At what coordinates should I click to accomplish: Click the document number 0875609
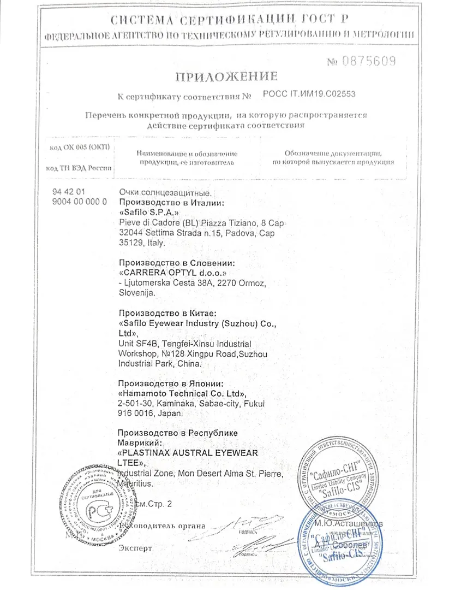369,61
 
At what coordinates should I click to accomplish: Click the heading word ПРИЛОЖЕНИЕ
226,76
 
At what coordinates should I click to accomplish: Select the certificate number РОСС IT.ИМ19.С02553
309,94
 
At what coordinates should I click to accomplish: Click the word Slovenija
136,293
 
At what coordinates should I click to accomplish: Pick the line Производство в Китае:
167,313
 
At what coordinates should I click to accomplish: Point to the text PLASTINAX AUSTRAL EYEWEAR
188,453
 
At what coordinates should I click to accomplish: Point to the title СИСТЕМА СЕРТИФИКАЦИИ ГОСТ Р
229,21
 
